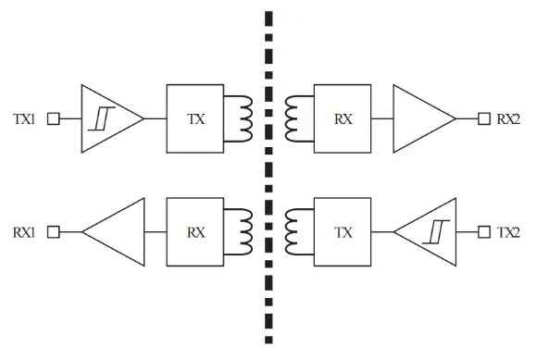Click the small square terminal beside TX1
click(53, 118)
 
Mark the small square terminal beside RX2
click(482, 118)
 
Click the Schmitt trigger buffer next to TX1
click(106, 118)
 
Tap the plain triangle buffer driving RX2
click(420, 118)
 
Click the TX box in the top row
click(195, 118)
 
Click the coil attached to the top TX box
click(242, 118)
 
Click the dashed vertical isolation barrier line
click(269, 176)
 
